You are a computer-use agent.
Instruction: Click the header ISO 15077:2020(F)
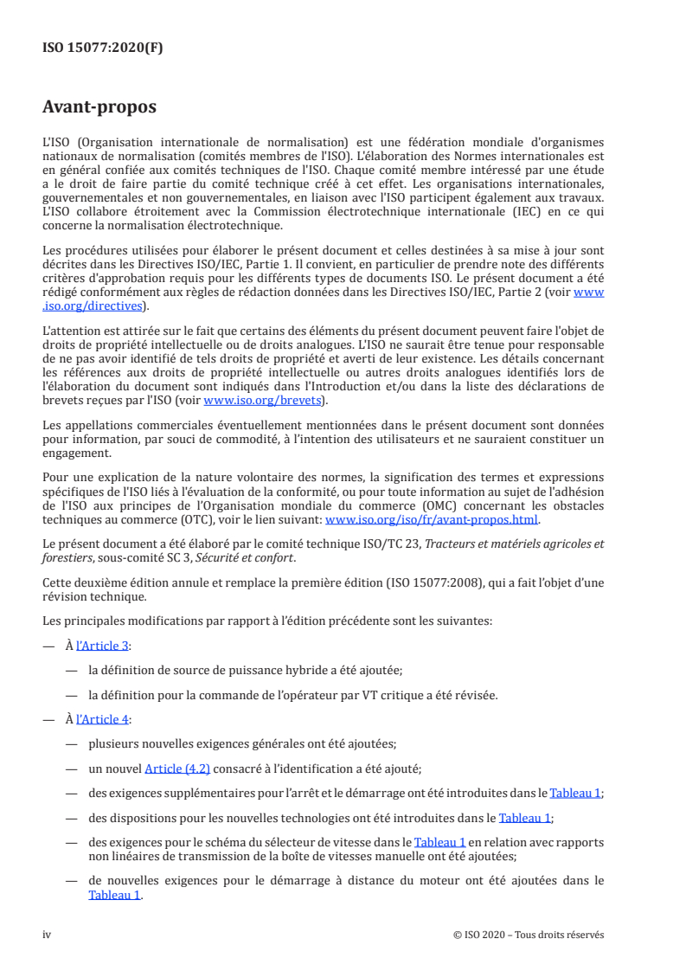point(103,48)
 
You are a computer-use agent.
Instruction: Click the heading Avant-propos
point(99,108)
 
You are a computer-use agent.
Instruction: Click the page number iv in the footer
point(48,935)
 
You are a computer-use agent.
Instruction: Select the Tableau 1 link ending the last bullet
point(114,896)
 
